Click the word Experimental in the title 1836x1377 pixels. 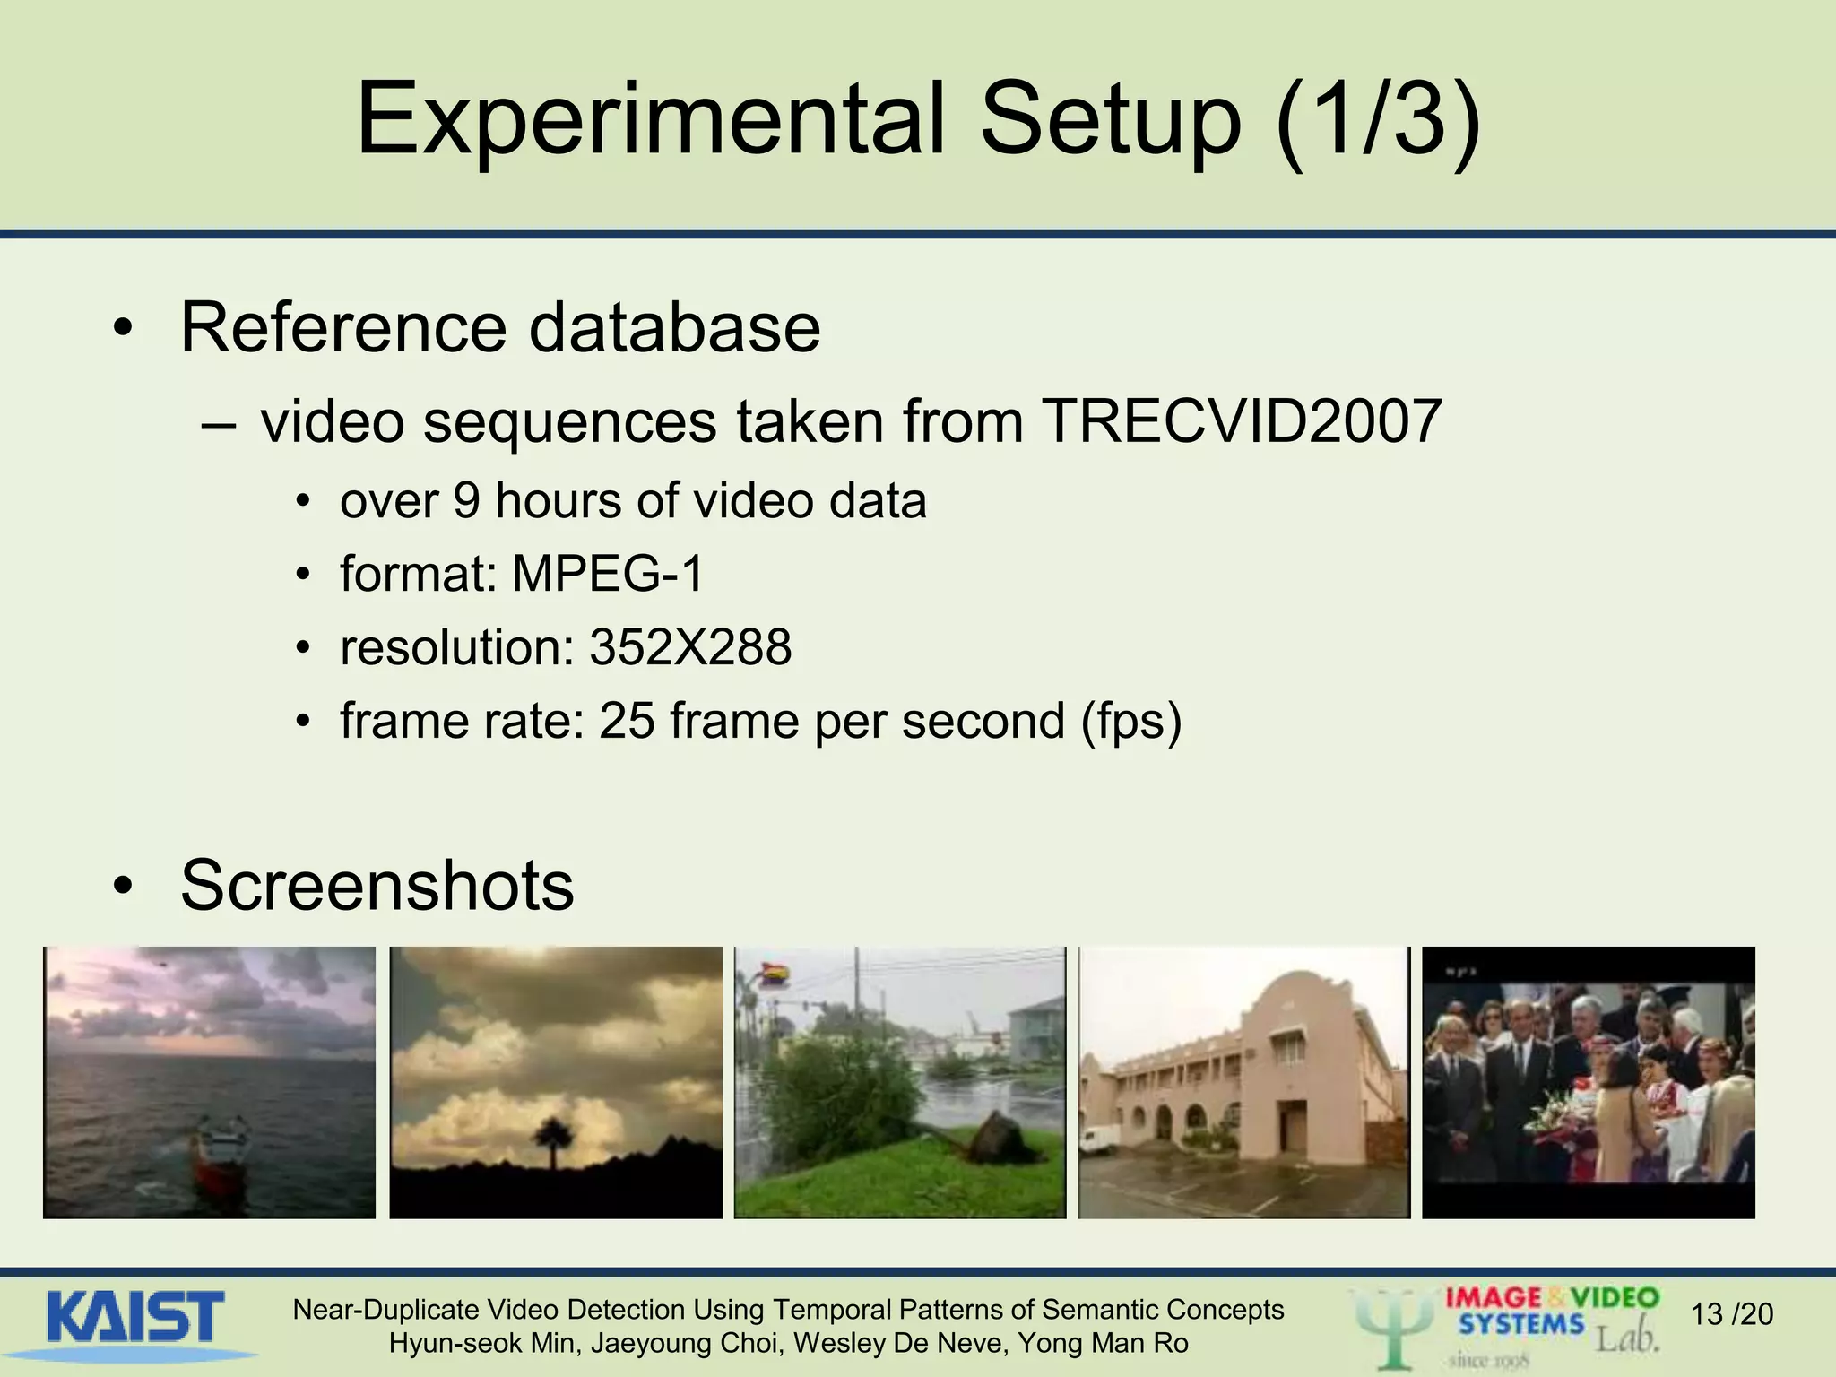[650, 120]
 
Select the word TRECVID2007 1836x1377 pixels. [1242, 421]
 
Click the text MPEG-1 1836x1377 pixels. [608, 574]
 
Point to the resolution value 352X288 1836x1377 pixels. [690, 647]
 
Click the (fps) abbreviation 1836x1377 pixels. [1131, 721]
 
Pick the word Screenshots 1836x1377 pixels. [377, 885]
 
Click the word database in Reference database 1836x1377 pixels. [674, 328]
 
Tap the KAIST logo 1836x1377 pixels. [134, 1318]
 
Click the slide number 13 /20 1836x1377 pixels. [1731, 1314]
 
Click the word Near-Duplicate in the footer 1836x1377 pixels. [386, 1311]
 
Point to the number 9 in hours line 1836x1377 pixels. [466, 500]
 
